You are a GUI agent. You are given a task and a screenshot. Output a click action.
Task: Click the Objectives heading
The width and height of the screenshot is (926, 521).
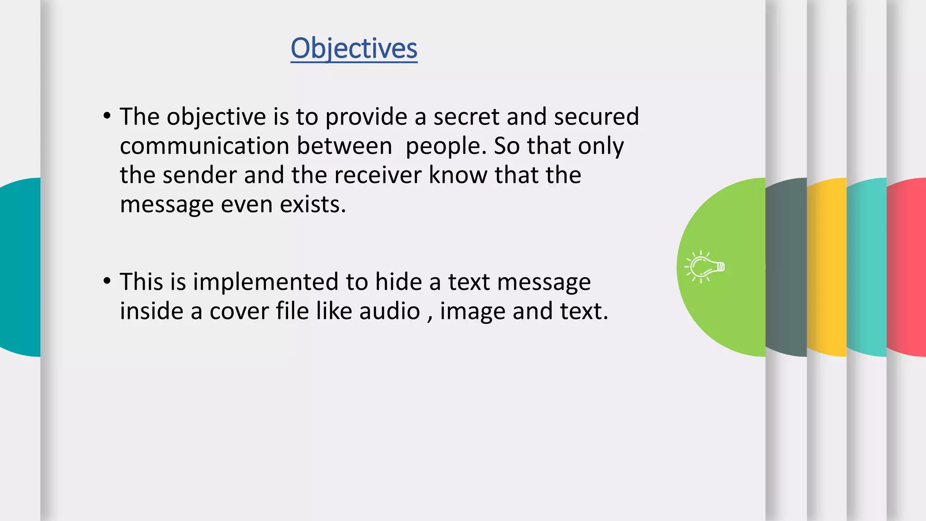[354, 48]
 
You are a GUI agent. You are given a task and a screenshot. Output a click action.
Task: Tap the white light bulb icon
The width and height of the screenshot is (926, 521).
[705, 267]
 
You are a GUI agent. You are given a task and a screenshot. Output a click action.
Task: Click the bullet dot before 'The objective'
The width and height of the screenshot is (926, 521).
[107, 116]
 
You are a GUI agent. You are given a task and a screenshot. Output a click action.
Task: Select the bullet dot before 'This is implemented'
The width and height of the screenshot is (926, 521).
[107, 281]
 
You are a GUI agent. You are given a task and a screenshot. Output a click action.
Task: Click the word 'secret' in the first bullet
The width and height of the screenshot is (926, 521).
[466, 117]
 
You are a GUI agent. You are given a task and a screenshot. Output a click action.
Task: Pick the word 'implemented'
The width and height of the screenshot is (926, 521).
[266, 282]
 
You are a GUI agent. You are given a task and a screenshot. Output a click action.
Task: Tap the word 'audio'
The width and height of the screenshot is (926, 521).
[389, 311]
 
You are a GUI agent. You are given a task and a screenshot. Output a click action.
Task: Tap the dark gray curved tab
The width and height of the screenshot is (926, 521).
[787, 267]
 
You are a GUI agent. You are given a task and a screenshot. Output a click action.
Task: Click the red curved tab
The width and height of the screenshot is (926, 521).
[907, 267]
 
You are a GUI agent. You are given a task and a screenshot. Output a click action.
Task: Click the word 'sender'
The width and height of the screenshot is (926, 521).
[199, 175]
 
